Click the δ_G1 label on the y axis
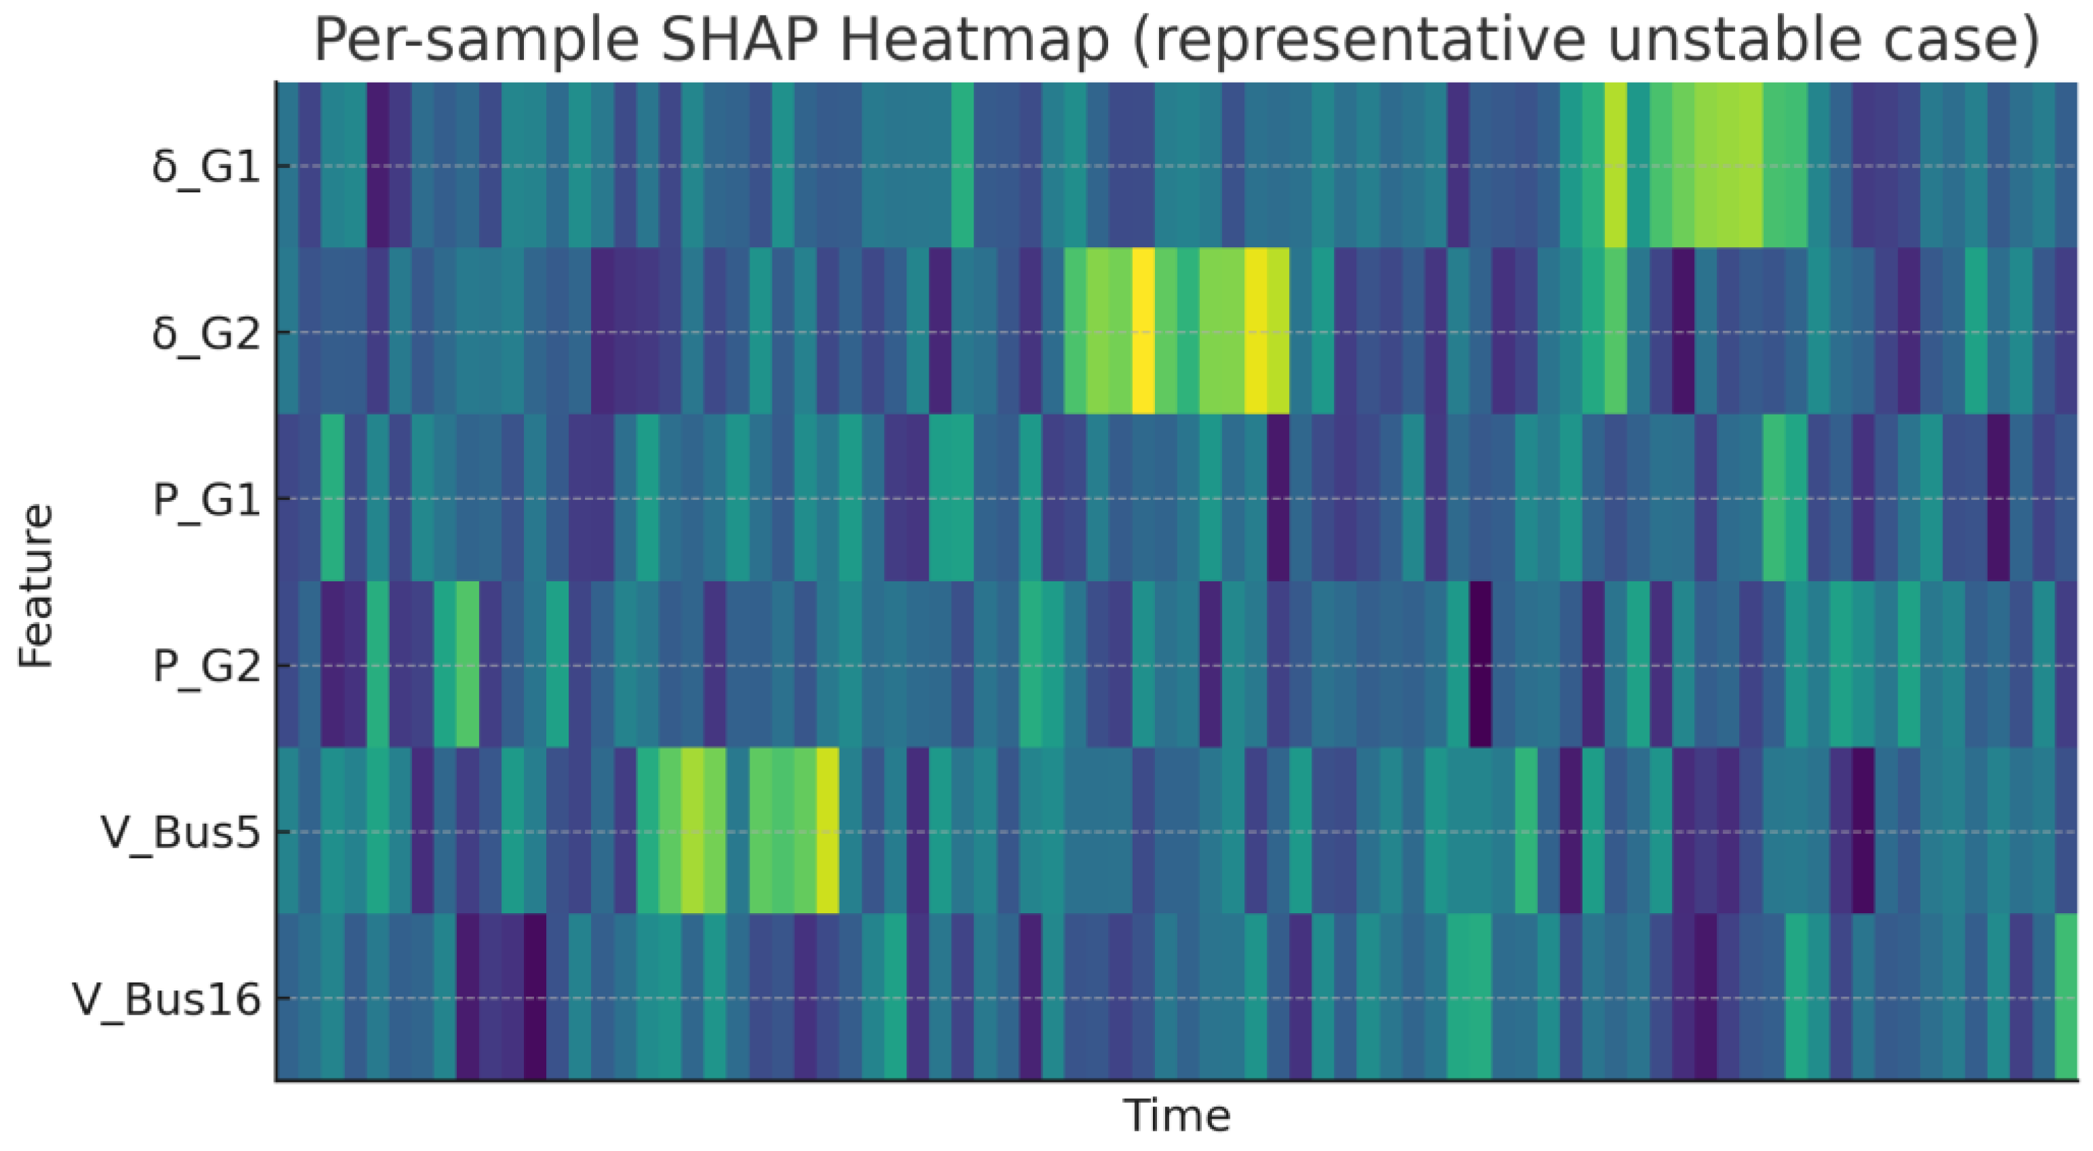pyautogui.click(x=205, y=167)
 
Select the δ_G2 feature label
pyautogui.click(x=205, y=333)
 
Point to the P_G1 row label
pyautogui.click(x=206, y=499)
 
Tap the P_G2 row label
pyautogui.click(x=206, y=666)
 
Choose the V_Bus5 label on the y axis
pyautogui.click(x=180, y=833)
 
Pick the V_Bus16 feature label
pyautogui.click(x=167, y=999)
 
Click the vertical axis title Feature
pyautogui.click(x=36, y=585)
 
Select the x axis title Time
pyautogui.click(x=1177, y=1115)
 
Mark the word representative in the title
pyautogui.click(x=1365, y=41)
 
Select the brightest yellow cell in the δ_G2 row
pyautogui.click(x=1142, y=331)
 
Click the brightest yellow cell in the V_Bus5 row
pyautogui.click(x=827, y=830)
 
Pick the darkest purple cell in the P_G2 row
pyautogui.click(x=1480, y=664)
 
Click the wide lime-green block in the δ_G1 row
pyautogui.click(x=1728, y=164)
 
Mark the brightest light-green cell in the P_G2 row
pyautogui.click(x=467, y=664)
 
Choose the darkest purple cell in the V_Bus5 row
pyautogui.click(x=1863, y=830)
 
